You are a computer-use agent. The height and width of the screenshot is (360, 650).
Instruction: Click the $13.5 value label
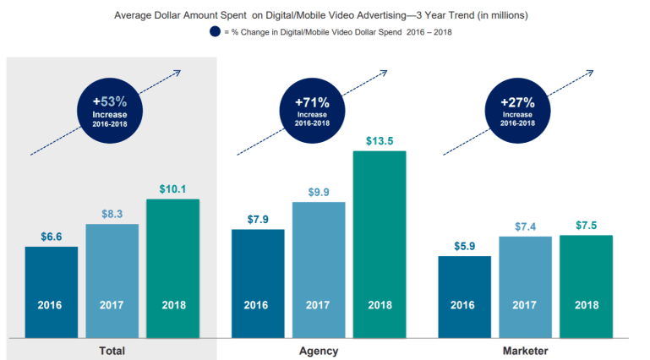click(380, 140)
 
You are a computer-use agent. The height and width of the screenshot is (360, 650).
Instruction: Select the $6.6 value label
click(52, 236)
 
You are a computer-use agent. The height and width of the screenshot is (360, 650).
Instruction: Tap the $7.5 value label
click(586, 225)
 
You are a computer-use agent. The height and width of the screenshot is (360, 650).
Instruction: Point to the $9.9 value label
click(319, 191)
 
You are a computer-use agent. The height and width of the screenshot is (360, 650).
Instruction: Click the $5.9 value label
click(464, 245)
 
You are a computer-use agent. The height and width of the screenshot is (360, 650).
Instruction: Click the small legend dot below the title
click(215, 32)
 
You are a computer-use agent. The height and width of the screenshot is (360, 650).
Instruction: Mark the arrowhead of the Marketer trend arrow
click(591, 72)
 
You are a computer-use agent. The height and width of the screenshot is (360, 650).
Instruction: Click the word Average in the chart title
click(135, 14)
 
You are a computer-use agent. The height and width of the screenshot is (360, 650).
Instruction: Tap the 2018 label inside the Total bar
click(172, 305)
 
